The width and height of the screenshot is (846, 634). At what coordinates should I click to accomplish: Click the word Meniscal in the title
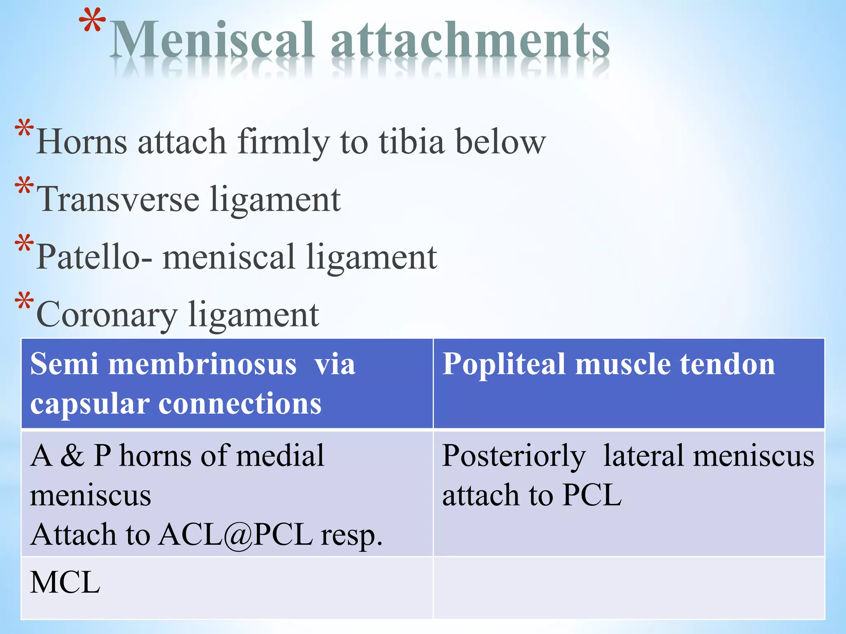tap(213, 40)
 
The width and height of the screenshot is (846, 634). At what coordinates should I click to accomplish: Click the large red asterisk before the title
tap(92, 23)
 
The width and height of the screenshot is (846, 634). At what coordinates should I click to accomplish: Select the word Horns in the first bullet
tap(82, 142)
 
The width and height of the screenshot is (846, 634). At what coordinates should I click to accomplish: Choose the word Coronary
tap(107, 315)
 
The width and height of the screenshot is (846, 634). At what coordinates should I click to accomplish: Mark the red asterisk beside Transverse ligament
tap(24, 186)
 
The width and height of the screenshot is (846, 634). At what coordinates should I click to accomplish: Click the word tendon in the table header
tap(727, 364)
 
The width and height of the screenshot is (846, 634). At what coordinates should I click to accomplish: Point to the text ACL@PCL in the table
tap(236, 535)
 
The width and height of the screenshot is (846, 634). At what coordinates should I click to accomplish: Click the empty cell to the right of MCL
tap(628, 587)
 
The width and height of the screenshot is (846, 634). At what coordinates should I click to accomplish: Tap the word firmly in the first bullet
tap(283, 142)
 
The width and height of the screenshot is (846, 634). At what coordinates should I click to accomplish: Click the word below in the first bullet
tap(500, 142)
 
